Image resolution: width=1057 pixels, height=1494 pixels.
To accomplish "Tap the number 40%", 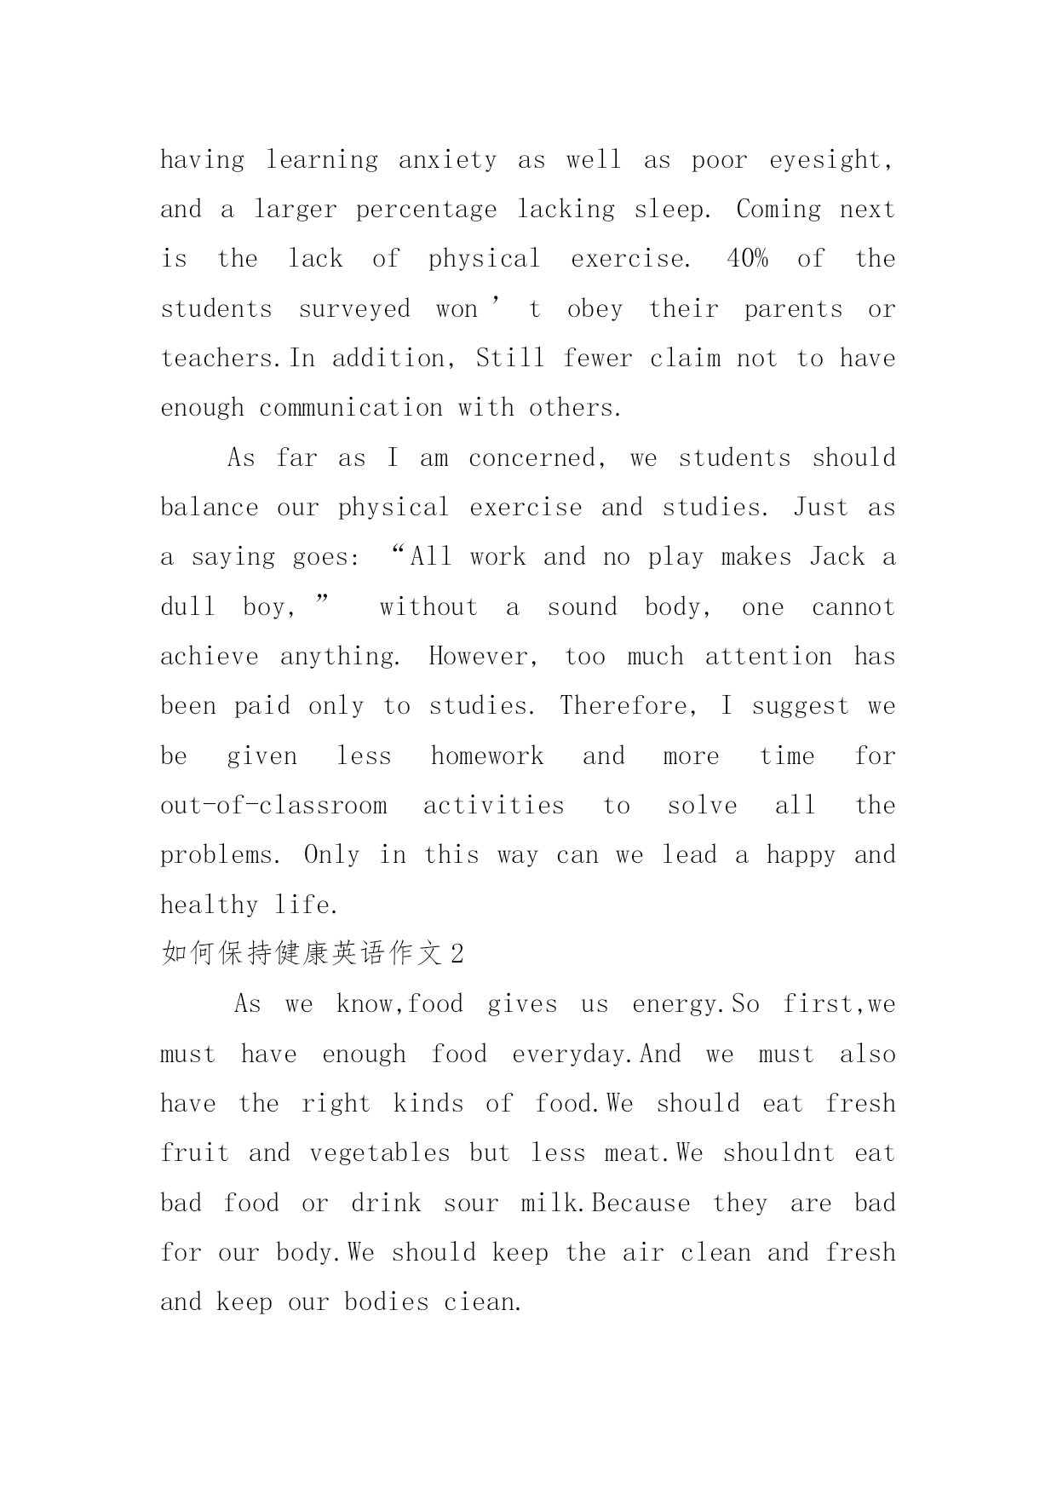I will tap(747, 259).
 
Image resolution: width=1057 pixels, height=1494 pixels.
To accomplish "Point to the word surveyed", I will tap(354, 309).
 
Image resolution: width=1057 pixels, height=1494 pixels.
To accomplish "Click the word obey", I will tap(595, 309).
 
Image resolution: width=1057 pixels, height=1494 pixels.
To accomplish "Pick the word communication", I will tap(351, 408).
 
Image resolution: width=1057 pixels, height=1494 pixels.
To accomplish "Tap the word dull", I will tap(187, 606).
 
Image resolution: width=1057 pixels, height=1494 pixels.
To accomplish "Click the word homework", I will tap(486, 756).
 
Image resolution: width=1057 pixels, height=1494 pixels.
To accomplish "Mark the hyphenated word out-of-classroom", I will tap(273, 806).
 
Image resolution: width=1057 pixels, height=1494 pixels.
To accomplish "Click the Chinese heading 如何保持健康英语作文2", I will tap(313, 954).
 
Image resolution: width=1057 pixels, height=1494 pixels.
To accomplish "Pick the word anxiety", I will tap(447, 160).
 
